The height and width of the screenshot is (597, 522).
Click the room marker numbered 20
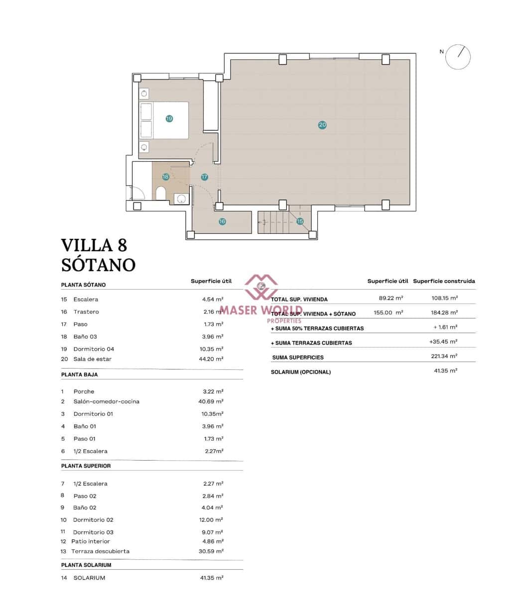click(322, 125)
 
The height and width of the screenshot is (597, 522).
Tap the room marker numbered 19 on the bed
click(169, 118)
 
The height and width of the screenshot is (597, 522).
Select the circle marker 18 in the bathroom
click(165, 177)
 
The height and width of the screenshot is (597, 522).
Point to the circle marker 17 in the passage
click(204, 177)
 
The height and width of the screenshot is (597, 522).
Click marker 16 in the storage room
click(222, 221)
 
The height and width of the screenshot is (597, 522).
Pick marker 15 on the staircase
click(300, 221)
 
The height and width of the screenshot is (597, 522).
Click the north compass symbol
click(458, 57)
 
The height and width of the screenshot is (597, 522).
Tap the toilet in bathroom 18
click(161, 193)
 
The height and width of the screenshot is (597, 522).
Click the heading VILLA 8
click(94, 245)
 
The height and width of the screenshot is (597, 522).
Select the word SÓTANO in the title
click(98, 265)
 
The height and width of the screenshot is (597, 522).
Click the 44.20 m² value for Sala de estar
click(211, 359)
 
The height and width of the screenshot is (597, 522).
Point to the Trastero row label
click(86, 312)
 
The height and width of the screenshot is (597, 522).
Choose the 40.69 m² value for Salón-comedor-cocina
click(211, 401)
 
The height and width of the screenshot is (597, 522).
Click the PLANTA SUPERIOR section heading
click(86, 466)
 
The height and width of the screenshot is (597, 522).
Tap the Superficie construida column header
click(444, 281)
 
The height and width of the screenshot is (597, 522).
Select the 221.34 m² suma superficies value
click(444, 356)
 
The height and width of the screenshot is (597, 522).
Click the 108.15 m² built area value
click(444, 298)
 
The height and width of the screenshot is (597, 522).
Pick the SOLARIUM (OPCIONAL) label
click(300, 372)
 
